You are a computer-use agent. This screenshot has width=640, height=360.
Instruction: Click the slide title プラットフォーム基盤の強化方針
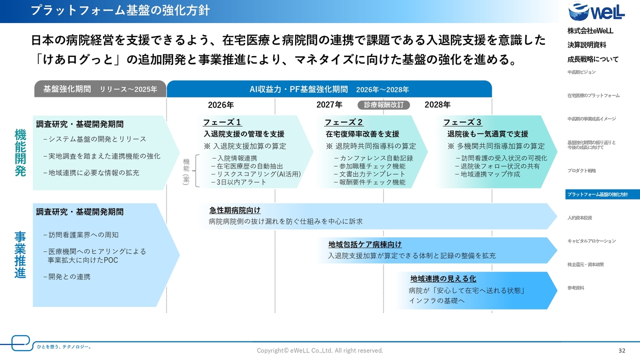(x=120, y=10)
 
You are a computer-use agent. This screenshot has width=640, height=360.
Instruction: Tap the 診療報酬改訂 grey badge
(x=383, y=105)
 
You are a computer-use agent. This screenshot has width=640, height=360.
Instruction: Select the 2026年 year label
(x=221, y=105)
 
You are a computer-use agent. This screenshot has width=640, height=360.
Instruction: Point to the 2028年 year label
(x=437, y=105)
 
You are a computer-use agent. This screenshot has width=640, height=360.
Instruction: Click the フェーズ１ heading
(x=222, y=122)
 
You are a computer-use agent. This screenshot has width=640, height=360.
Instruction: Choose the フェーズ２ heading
(x=344, y=122)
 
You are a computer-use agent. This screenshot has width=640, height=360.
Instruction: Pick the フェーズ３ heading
(x=462, y=122)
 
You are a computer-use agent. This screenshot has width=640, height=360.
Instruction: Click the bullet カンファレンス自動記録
(x=373, y=158)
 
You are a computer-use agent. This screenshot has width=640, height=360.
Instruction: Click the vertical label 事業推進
(x=20, y=254)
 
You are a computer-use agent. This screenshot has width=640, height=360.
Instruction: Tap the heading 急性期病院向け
(x=235, y=210)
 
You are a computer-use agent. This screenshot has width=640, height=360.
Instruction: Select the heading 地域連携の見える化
(x=443, y=278)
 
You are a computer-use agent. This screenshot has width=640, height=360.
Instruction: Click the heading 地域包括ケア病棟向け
(x=365, y=244)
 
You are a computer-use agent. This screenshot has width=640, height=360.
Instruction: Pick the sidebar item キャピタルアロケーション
(x=591, y=241)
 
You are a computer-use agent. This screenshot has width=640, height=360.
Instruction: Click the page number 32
(x=621, y=350)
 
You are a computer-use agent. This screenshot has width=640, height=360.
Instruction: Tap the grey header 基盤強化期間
(x=100, y=89)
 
